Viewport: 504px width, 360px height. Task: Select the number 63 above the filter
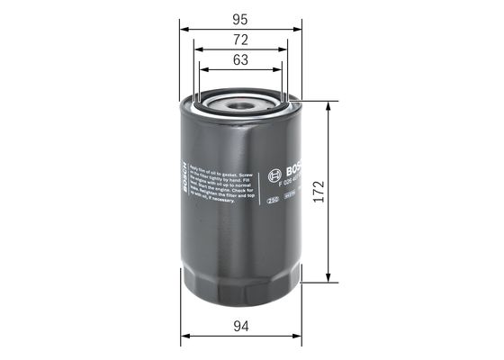point(239,60)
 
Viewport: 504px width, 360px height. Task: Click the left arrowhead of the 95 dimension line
point(184,29)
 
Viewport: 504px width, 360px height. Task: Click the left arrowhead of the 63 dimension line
point(202,72)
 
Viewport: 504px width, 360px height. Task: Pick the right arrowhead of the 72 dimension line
point(283,51)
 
